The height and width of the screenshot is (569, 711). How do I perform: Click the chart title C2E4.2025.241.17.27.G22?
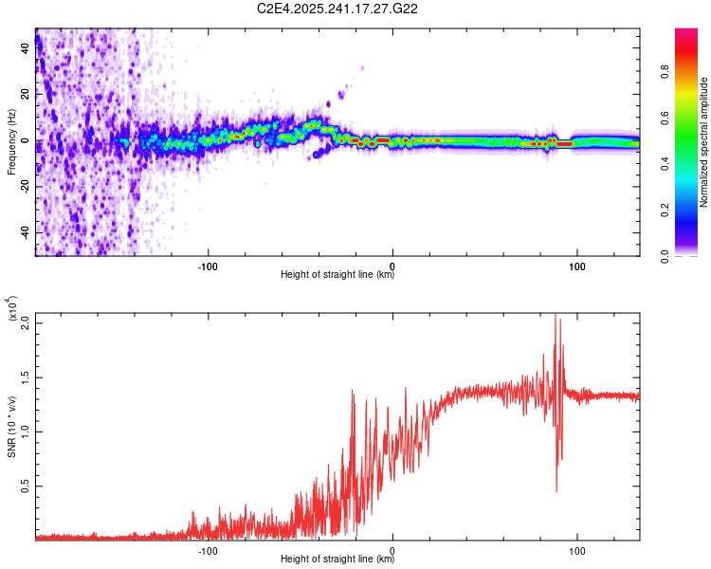[x=338, y=9]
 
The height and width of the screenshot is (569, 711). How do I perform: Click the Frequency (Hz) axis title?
[x=10, y=142]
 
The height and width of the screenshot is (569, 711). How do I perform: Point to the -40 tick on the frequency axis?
[x=24, y=232]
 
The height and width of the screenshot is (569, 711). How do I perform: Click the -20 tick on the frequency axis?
[x=24, y=187]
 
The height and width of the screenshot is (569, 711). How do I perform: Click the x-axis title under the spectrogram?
[x=337, y=275]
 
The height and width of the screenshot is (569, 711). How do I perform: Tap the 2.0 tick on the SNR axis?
[x=25, y=322]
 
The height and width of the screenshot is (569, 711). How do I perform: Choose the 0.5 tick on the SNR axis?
[x=25, y=486]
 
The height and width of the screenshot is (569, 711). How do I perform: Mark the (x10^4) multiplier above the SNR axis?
[x=11, y=308]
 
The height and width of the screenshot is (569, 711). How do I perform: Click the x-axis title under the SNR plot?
[x=337, y=556]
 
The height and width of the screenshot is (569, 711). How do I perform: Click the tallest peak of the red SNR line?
[x=556, y=316]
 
